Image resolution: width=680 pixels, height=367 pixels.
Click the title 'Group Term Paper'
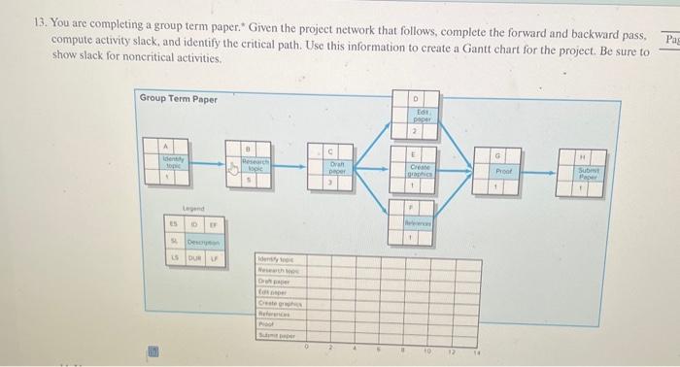point(179,98)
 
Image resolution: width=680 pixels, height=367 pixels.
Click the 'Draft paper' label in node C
point(332,167)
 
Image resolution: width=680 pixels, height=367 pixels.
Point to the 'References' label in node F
point(412,221)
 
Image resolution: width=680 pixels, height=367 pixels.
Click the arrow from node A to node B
point(212,167)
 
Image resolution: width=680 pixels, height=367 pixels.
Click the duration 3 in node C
point(332,182)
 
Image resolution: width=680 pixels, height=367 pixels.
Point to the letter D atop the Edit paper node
point(412,99)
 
